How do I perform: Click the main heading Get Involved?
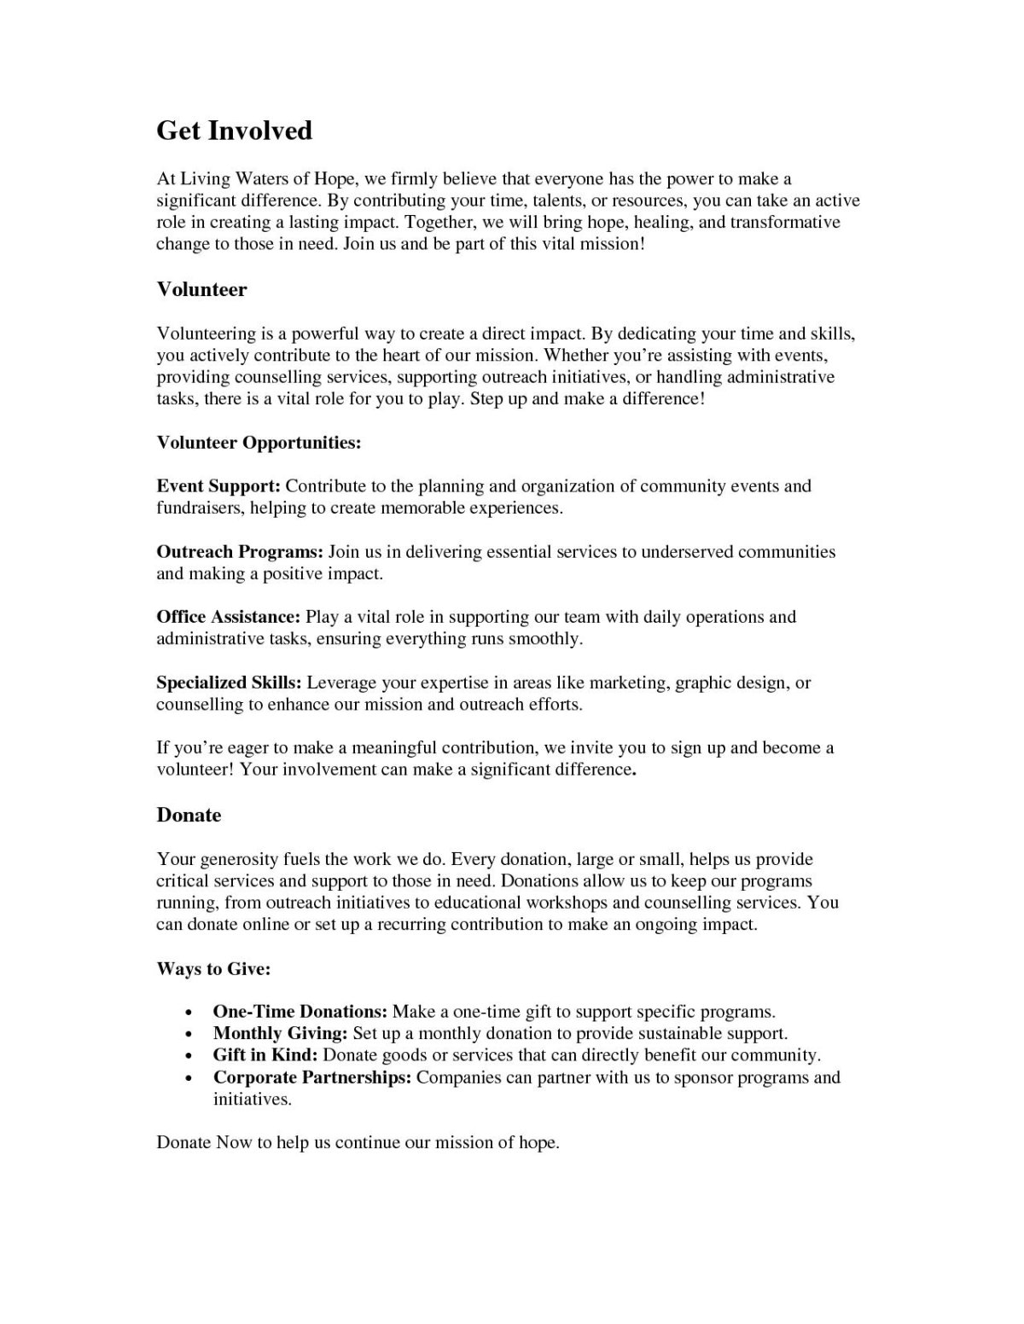pos(235,131)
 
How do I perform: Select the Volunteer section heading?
pos(201,289)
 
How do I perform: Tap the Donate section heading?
pos(189,815)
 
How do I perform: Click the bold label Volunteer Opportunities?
pos(259,443)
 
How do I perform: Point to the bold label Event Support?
pos(218,486)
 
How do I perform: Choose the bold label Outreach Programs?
pos(240,552)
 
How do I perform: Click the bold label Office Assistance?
pos(228,617)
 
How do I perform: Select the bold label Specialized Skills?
pos(229,682)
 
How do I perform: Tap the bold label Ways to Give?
pos(214,969)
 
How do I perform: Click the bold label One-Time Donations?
pos(300,1012)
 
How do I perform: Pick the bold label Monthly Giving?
pos(280,1033)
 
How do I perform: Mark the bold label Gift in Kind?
pos(265,1055)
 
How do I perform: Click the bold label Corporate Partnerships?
pos(312,1077)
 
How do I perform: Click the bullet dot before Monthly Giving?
pos(187,1035)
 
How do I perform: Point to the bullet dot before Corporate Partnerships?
pos(187,1078)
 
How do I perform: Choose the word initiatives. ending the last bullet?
pos(253,1100)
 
